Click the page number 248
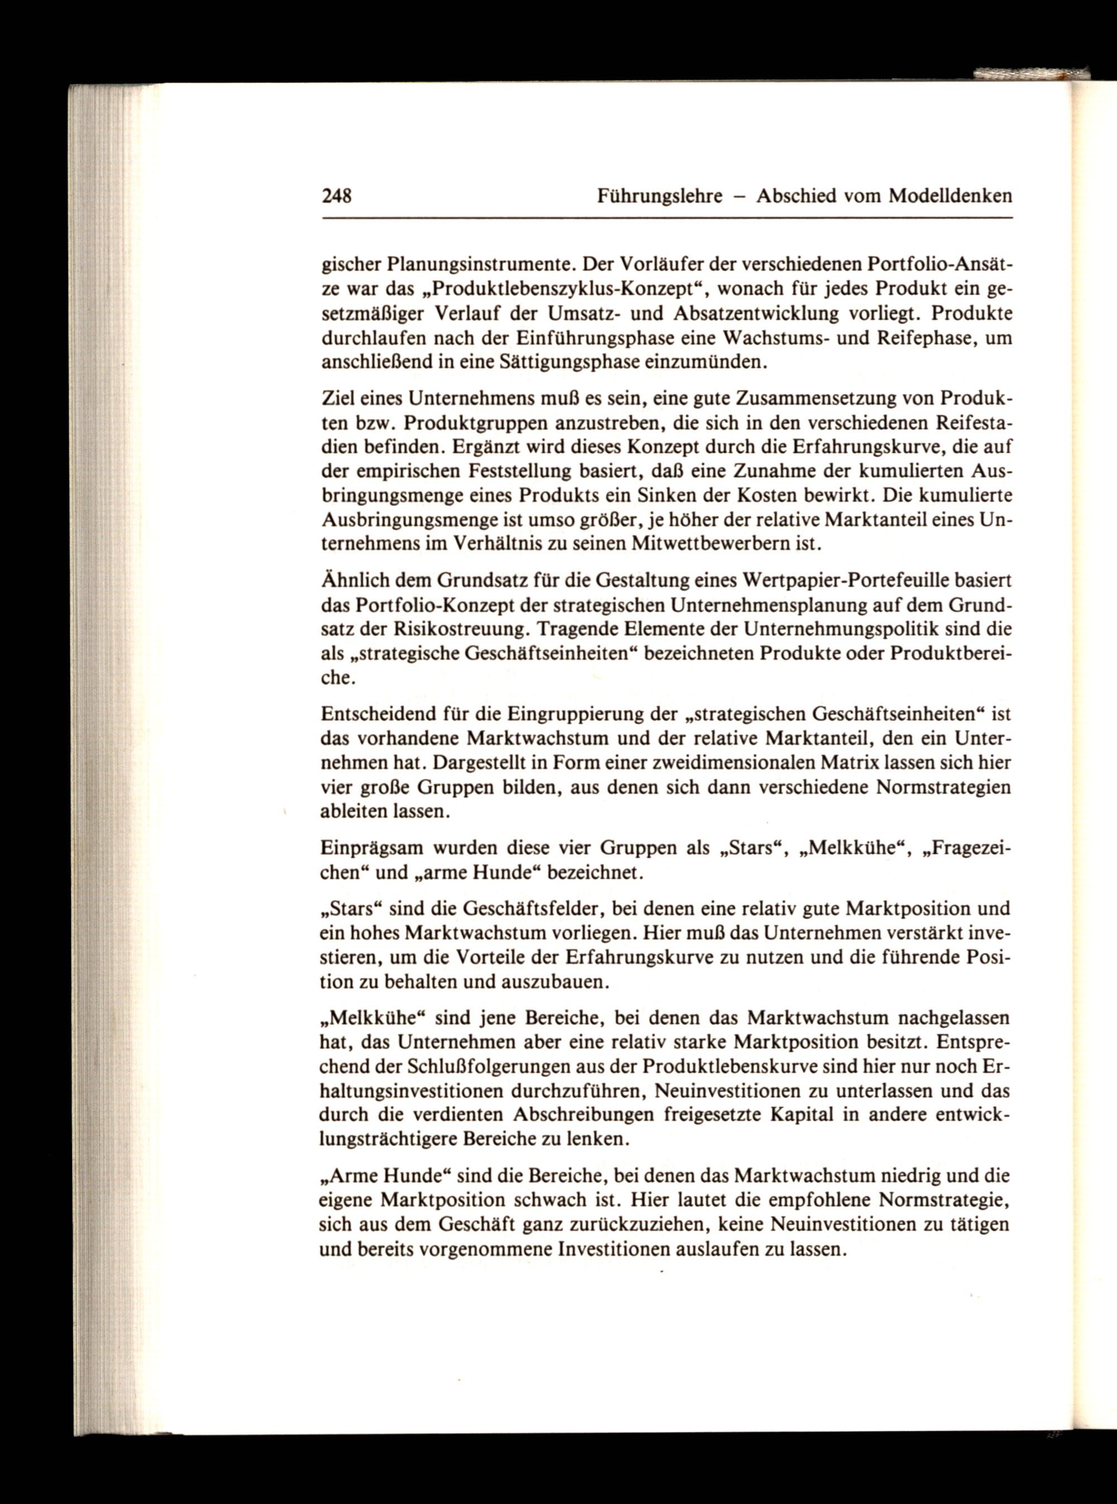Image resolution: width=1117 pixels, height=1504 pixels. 337,197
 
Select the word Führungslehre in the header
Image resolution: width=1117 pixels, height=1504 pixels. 660,197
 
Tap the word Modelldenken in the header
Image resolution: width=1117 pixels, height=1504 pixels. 950,197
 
